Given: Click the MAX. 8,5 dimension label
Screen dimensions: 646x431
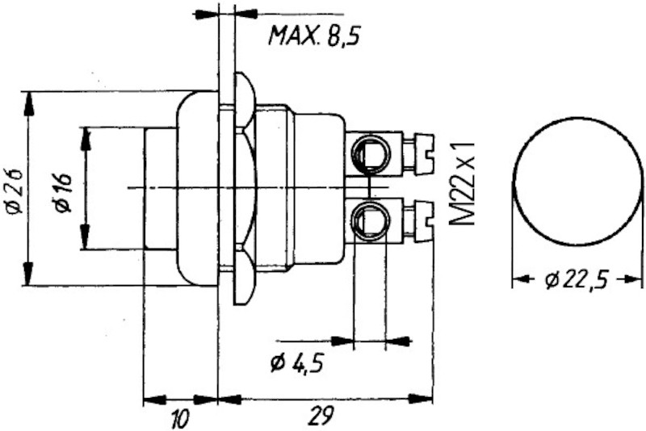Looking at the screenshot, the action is click(x=314, y=36).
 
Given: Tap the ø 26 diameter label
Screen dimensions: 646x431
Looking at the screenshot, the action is click(x=14, y=190).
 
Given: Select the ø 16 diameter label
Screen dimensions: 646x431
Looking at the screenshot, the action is click(x=64, y=192).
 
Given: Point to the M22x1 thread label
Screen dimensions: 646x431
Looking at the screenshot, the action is click(x=462, y=184).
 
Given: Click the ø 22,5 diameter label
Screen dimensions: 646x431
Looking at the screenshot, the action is click(x=577, y=281).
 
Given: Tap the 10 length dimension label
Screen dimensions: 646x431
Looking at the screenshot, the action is click(x=180, y=418).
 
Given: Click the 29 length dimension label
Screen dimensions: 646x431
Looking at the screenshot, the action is click(x=321, y=416).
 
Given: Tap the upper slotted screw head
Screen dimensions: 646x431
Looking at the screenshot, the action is click(x=426, y=153).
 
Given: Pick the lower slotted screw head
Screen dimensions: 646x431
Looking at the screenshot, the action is click(x=426, y=220).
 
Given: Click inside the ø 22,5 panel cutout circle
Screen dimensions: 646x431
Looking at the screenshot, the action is click(x=577, y=181).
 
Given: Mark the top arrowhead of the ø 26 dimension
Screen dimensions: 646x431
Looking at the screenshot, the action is click(x=28, y=103).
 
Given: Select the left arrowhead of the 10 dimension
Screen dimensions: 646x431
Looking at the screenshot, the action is click(x=155, y=399).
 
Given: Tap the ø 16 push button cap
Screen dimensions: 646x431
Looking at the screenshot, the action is click(x=161, y=189).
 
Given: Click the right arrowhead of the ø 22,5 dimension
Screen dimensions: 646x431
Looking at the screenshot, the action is click(x=631, y=279).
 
